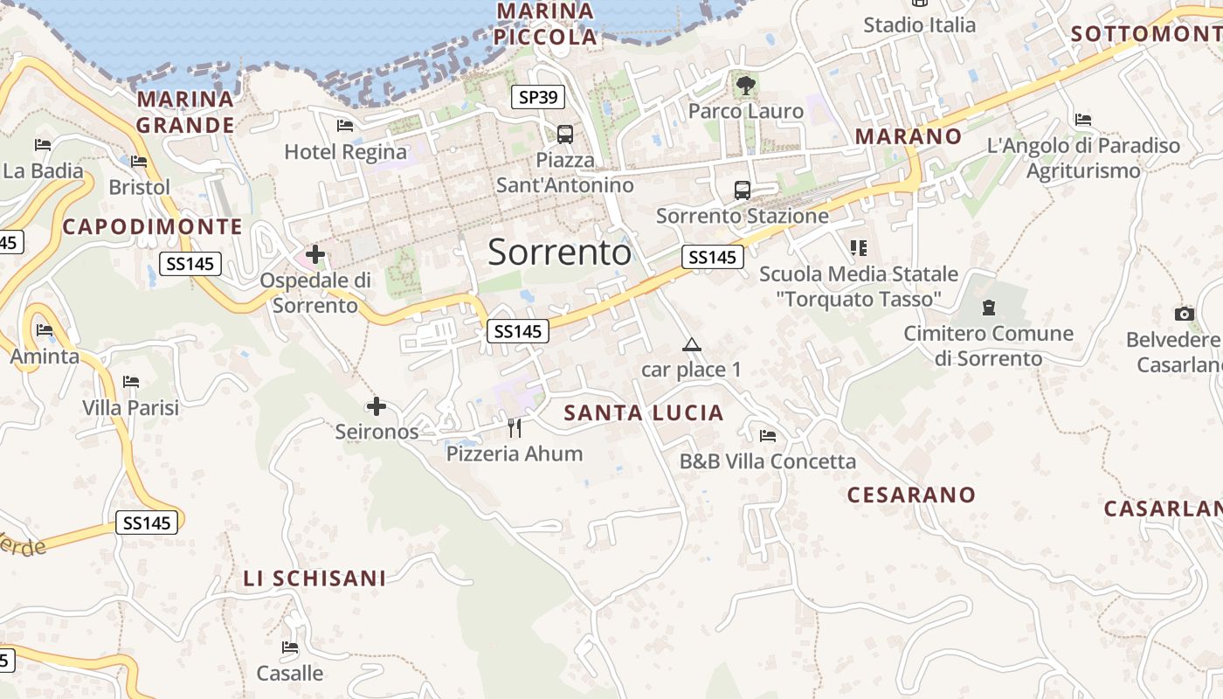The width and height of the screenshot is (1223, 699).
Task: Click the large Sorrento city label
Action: (559, 253)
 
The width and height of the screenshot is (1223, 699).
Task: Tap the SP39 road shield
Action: (537, 97)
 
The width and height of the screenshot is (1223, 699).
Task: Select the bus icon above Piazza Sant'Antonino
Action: (565, 135)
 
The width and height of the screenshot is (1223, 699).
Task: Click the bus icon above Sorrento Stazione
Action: (743, 190)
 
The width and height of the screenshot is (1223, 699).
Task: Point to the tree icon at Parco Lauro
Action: (745, 85)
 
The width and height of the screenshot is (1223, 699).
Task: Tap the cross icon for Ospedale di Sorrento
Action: (315, 255)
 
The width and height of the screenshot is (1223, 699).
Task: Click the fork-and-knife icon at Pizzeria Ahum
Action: (515, 427)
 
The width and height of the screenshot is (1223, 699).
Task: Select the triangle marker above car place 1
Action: (692, 344)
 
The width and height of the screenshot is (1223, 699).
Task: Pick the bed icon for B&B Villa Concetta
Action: (768, 435)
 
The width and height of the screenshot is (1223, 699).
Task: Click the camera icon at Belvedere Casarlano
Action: (1185, 314)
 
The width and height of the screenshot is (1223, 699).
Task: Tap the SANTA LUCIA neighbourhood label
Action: (644, 413)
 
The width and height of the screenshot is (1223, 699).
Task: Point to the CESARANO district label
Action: (911, 495)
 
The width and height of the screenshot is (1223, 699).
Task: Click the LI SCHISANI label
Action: (314, 578)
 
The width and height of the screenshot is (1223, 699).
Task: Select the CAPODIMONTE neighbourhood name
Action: (153, 227)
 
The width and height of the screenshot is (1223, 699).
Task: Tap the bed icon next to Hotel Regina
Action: (344, 126)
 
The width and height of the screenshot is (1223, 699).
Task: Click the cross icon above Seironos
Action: (376, 406)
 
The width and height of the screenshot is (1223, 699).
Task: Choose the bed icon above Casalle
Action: (290, 647)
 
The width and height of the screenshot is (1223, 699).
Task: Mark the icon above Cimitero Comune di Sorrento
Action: (988, 308)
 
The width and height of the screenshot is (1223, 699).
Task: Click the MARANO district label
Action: (908, 137)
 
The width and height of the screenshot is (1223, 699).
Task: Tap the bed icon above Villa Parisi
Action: (131, 382)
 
